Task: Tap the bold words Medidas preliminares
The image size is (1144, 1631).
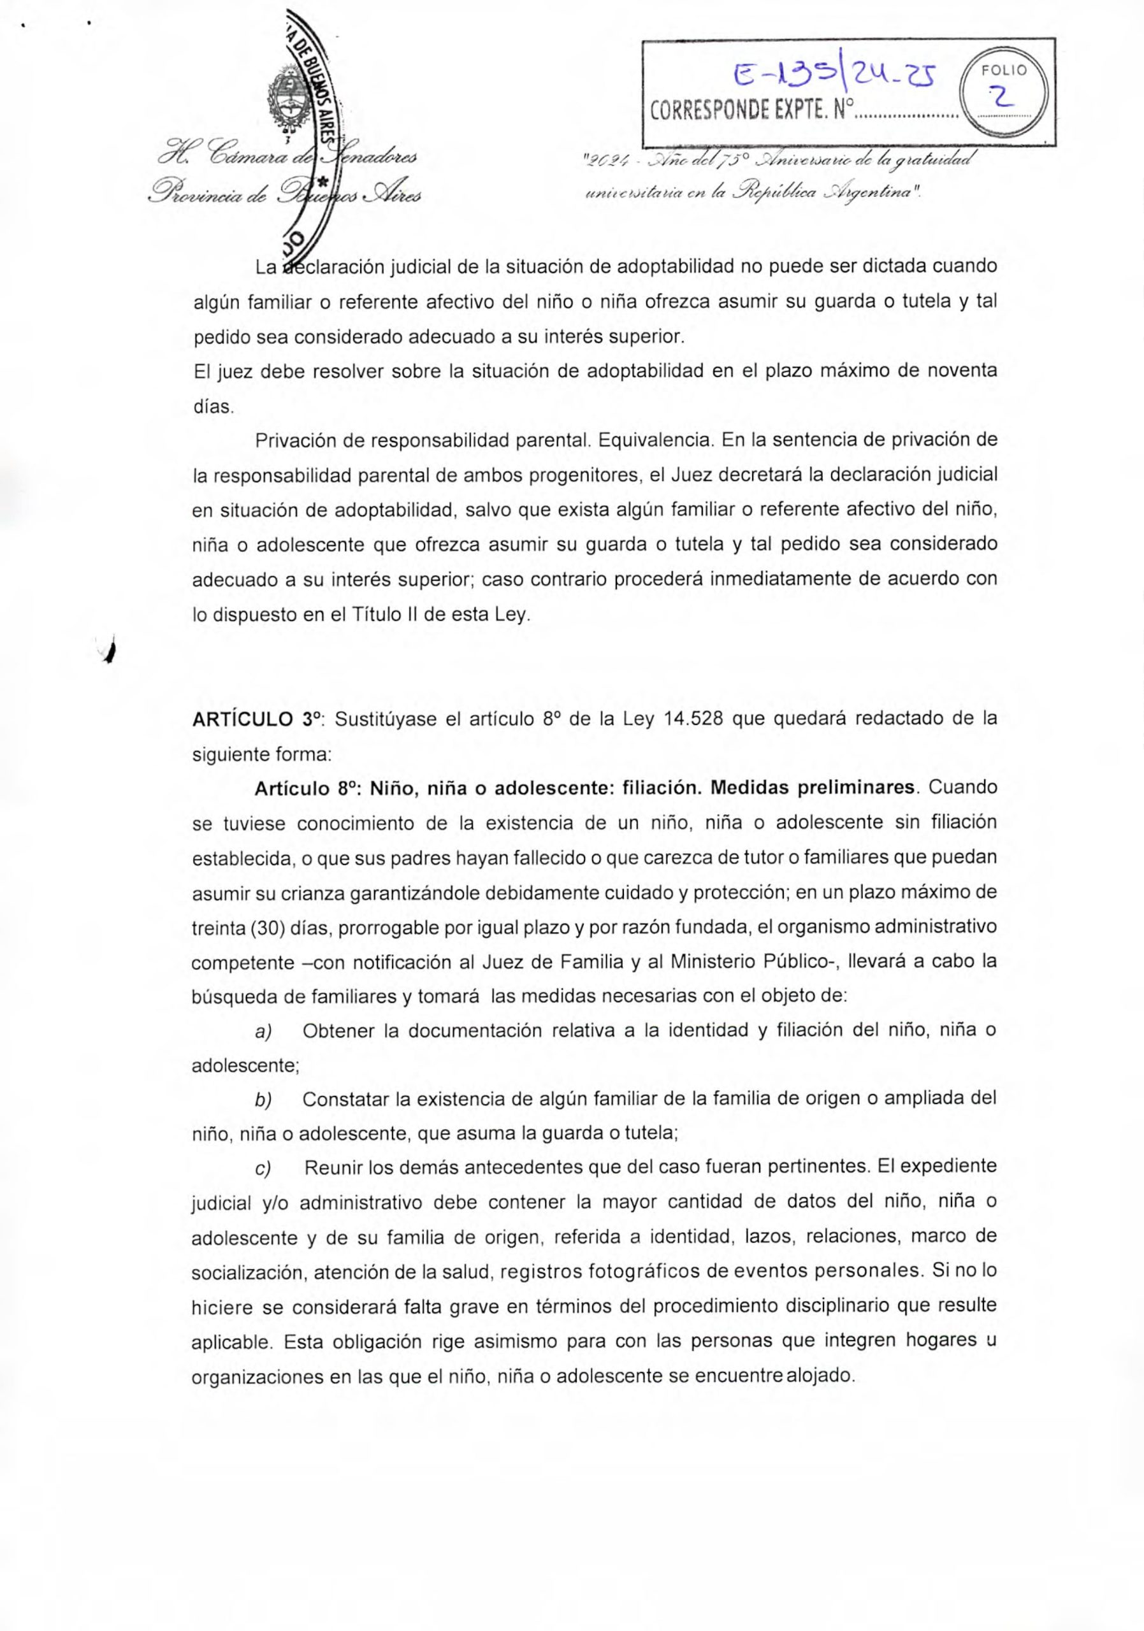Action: [812, 788]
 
